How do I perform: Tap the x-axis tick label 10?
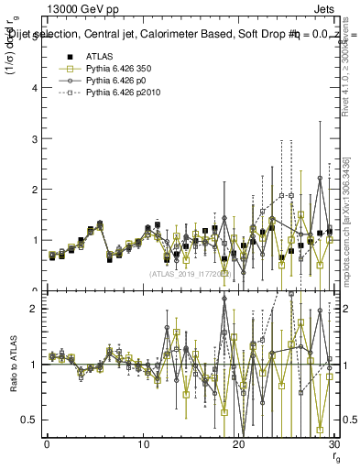coord(143,444)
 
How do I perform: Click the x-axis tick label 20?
coord(239,444)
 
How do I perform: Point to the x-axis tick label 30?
coord(334,444)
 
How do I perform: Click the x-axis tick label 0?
coord(47,444)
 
